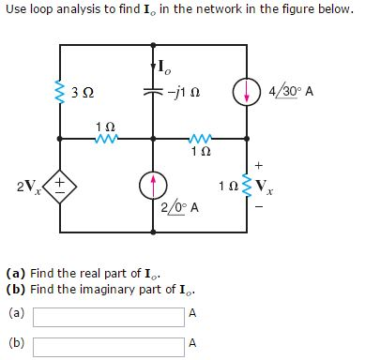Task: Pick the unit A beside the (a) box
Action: (x=192, y=313)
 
